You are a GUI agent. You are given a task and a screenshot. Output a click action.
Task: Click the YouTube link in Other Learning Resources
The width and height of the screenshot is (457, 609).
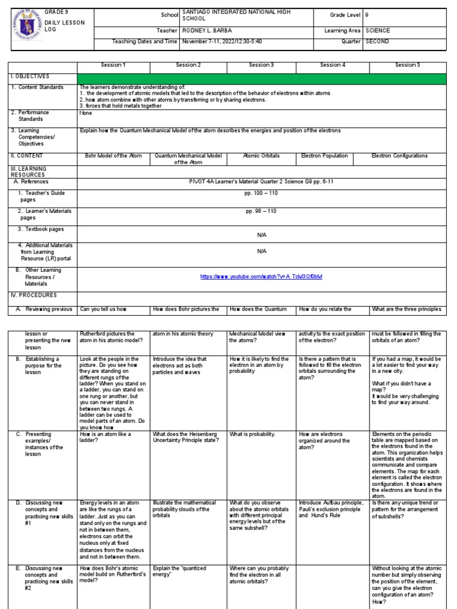point(261,277)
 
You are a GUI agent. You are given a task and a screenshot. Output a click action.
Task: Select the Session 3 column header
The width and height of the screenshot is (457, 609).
point(261,65)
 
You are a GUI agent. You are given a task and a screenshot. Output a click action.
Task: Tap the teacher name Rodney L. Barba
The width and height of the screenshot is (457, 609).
point(207,30)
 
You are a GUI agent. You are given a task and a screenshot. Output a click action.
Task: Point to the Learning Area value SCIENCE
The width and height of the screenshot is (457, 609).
point(378,30)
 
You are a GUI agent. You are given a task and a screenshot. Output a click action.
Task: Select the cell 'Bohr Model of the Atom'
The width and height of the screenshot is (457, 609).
point(114,156)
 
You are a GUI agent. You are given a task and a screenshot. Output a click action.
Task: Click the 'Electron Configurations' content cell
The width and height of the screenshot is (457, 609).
point(399,156)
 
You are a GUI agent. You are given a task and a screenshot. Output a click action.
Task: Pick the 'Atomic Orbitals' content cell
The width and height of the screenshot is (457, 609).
point(261,156)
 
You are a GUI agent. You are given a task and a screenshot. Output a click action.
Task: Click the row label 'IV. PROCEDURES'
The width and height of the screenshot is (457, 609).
point(33,295)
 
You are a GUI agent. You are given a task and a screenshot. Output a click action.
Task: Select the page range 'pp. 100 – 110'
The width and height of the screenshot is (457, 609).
point(261,193)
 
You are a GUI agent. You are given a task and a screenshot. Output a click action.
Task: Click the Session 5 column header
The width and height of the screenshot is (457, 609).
point(408,65)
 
